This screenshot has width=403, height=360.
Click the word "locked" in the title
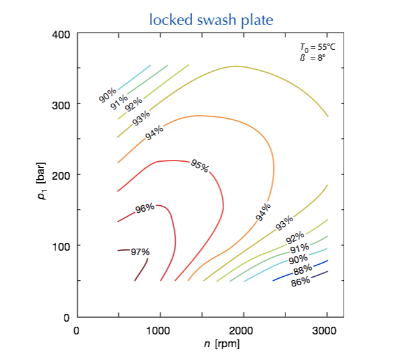point(169,20)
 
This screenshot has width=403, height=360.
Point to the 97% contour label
point(140,251)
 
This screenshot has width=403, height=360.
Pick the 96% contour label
point(145,208)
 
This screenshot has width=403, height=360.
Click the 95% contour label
point(199,166)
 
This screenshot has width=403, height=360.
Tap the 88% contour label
point(303,269)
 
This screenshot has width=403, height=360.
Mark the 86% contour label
point(300,280)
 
